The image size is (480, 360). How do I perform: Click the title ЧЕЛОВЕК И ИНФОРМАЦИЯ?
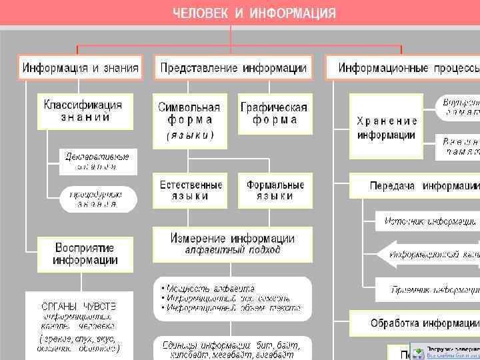click(x=255, y=13)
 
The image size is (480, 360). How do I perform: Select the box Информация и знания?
click(x=81, y=67)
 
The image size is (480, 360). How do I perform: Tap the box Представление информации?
click(x=233, y=67)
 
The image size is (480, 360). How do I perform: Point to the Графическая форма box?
click(x=275, y=113)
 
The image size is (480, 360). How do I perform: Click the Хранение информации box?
click(x=387, y=127)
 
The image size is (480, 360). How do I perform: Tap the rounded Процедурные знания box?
click(x=98, y=199)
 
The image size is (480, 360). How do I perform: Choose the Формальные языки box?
click(x=275, y=191)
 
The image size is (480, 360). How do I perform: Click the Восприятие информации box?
click(x=85, y=253)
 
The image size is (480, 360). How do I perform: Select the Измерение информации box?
click(x=233, y=244)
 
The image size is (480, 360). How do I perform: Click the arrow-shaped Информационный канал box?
click(x=430, y=254)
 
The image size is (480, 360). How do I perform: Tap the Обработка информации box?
click(x=423, y=323)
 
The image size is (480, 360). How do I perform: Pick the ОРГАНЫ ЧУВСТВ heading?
click(x=79, y=305)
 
